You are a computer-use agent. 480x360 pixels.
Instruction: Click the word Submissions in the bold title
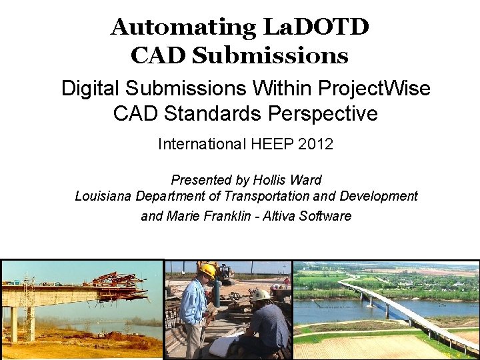pyautogui.click(x=270, y=55)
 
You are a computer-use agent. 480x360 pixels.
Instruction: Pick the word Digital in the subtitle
pyautogui.click(x=92, y=88)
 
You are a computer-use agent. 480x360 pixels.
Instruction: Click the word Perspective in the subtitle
pyautogui.click(x=323, y=114)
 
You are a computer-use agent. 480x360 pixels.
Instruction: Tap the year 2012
pyautogui.click(x=317, y=144)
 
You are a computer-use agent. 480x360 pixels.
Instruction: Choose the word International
pyautogui.click(x=201, y=144)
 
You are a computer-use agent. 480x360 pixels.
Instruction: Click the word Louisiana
pyautogui.click(x=103, y=196)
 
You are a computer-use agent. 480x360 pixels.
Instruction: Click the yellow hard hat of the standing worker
pyautogui.click(x=207, y=270)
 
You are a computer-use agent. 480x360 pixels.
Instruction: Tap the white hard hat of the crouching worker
pyautogui.click(x=261, y=295)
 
